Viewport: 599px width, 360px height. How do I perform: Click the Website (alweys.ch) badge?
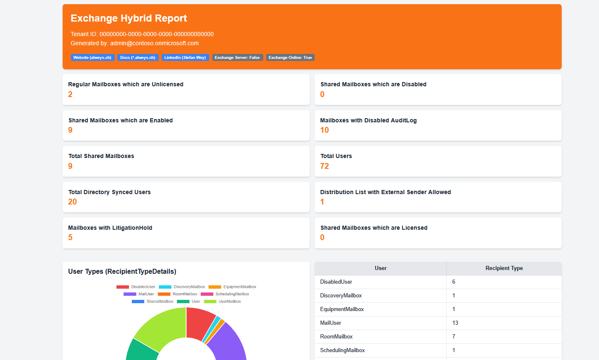tap(92, 58)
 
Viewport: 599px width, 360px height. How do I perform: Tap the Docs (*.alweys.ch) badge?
tap(138, 58)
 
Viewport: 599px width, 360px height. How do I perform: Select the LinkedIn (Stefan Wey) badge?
tap(185, 58)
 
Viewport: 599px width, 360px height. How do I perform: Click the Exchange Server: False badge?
tap(237, 58)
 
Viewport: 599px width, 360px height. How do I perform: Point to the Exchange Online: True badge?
tap(290, 58)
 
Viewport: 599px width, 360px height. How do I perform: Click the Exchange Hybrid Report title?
tap(129, 18)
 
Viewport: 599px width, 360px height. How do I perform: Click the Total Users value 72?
tap(325, 166)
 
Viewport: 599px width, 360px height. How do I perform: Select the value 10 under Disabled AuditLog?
tap(325, 130)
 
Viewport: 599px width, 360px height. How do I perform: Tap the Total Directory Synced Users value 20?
tap(73, 202)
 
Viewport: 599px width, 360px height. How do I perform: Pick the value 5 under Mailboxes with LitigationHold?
tap(70, 238)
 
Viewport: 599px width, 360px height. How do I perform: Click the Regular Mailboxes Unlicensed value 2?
tap(70, 95)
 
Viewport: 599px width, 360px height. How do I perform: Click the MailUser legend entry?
tap(139, 294)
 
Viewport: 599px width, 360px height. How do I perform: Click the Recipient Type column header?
tap(504, 268)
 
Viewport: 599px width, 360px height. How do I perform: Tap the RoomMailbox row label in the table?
tap(336, 337)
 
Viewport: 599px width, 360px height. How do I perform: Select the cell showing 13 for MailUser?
tap(455, 323)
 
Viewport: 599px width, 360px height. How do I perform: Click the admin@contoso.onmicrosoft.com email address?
tap(154, 43)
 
